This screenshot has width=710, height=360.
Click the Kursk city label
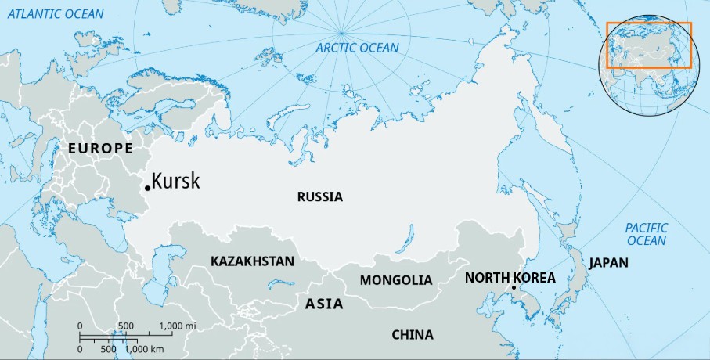pyautogui.click(x=175, y=182)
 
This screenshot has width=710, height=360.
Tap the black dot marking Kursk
pyautogui.click(x=147, y=188)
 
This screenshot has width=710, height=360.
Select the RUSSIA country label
pyautogui.click(x=319, y=197)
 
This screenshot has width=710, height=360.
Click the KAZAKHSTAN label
pyautogui.click(x=252, y=261)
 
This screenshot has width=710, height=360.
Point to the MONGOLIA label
pyautogui.click(x=395, y=280)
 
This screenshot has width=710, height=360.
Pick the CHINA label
pyautogui.click(x=412, y=335)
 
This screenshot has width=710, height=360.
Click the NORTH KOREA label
pyautogui.click(x=510, y=278)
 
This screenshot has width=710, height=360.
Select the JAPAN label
pyautogui.click(x=608, y=263)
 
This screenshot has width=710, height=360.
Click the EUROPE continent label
pyautogui.click(x=100, y=149)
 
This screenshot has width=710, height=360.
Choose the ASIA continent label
pyautogui.click(x=324, y=304)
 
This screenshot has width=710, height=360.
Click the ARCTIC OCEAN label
pyautogui.click(x=357, y=49)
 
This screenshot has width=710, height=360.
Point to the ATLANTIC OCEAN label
pyautogui.click(x=53, y=13)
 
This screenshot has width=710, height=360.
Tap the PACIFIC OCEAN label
pyautogui.click(x=646, y=234)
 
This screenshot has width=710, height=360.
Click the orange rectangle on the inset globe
pyautogui.click(x=649, y=45)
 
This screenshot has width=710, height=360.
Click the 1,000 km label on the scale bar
pyautogui.click(x=145, y=348)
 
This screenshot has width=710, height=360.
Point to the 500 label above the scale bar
pyautogui.click(x=124, y=326)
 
